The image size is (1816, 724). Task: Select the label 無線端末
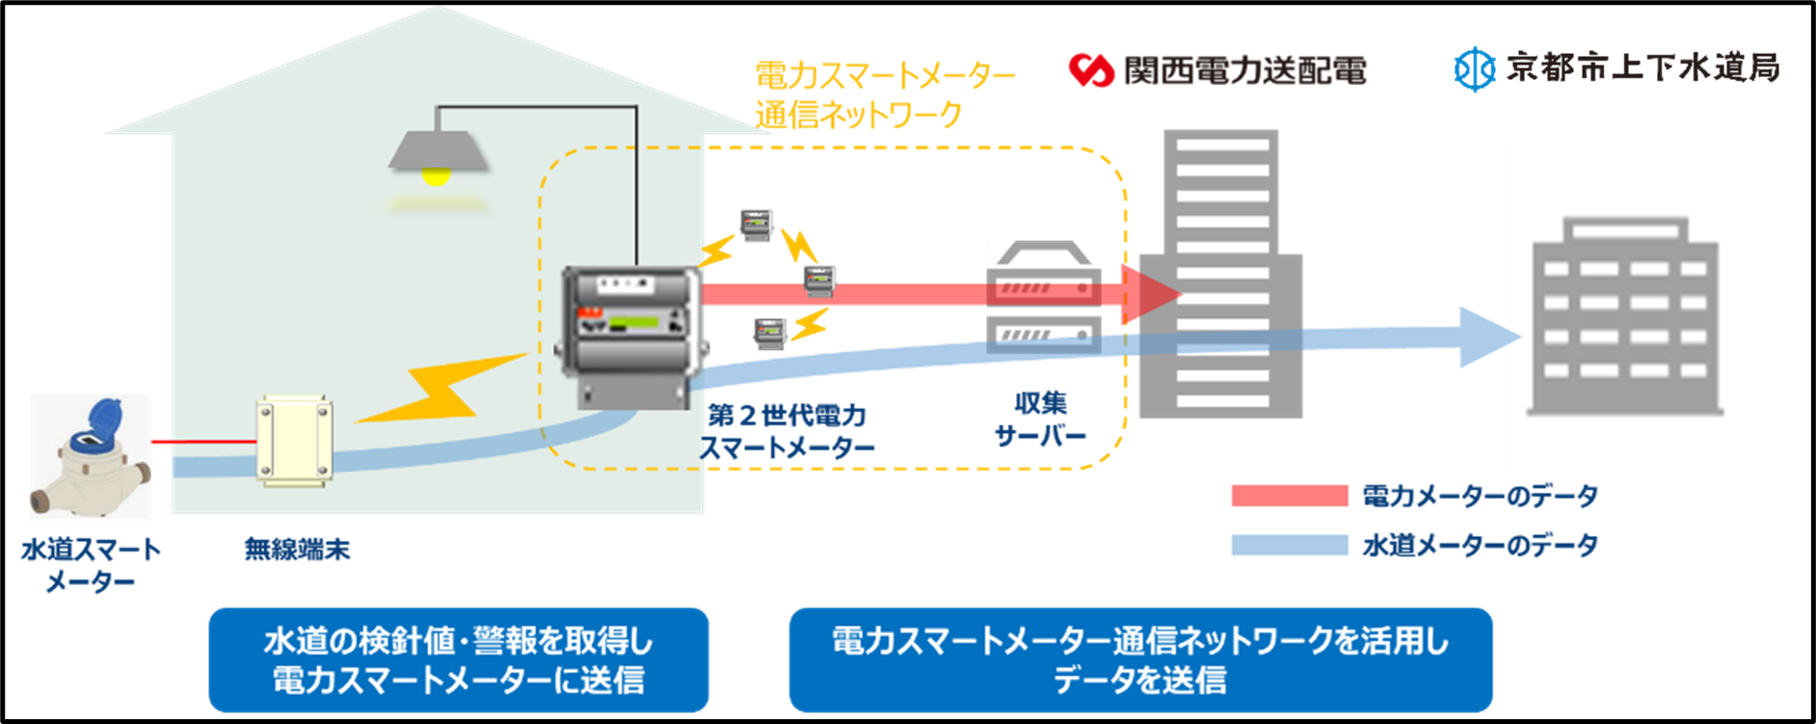click(297, 550)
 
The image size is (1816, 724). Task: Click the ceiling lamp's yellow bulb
click(437, 175)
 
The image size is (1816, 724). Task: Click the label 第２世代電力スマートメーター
click(788, 432)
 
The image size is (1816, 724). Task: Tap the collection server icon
click(1043, 297)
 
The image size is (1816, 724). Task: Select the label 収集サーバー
click(1040, 419)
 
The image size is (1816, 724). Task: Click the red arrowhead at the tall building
click(1151, 293)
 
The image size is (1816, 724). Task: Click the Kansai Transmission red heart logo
click(1091, 69)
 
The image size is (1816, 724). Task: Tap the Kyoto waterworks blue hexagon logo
click(1474, 68)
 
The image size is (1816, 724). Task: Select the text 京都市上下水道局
click(1642, 67)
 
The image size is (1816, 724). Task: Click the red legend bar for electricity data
click(1289, 496)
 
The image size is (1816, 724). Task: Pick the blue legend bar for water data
click(1289, 545)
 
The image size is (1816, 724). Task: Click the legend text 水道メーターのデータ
click(1480, 545)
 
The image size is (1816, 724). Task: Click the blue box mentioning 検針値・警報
click(459, 660)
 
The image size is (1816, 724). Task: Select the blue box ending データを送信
click(1140, 660)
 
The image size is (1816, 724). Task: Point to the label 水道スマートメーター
click(91, 565)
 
